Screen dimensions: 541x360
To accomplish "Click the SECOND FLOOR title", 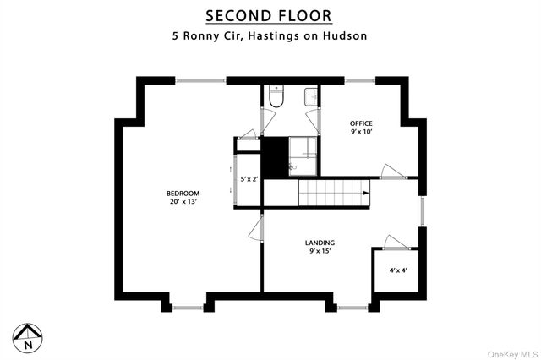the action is point(269,16).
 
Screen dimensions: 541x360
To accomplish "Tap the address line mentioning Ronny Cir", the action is point(270,35).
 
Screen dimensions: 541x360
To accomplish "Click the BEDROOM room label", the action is point(183,194).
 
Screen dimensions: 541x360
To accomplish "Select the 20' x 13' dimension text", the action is point(183,202).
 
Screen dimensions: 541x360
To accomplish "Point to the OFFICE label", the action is point(361,123).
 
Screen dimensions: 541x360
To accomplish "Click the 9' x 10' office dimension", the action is point(362,131).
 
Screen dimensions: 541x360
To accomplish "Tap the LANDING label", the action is point(320,243).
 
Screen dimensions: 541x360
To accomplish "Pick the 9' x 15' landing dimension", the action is point(320,251).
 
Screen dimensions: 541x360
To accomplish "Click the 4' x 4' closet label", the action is point(398,270).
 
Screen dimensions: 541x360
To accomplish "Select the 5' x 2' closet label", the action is point(249,179).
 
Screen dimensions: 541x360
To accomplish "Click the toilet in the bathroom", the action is point(276,95).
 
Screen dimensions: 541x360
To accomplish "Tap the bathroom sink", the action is point(311,97).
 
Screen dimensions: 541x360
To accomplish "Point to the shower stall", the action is point(303,155).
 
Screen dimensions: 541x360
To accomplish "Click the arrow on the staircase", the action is point(366,193).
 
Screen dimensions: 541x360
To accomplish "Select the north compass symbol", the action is point(28,338).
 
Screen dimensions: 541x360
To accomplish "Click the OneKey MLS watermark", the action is point(513,354).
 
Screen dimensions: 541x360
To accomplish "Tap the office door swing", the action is point(392,172).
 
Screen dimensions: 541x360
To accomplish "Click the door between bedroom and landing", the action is point(256,228).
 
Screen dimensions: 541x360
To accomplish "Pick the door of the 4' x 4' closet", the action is point(396,242).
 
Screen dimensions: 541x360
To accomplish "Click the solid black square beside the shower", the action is point(275,157).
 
